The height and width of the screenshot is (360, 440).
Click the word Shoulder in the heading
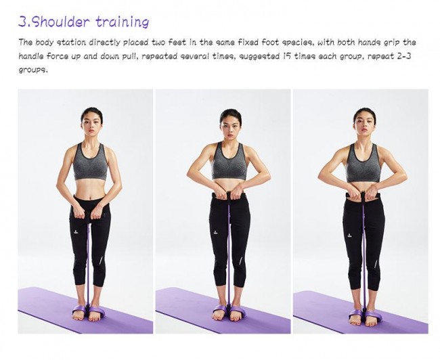(62, 22)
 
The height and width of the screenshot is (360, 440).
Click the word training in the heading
(122, 22)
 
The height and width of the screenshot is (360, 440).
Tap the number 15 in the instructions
(286, 56)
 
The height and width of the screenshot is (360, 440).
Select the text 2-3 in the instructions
(404, 56)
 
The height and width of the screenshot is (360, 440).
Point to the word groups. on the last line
(33, 70)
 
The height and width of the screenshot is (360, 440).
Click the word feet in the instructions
(177, 43)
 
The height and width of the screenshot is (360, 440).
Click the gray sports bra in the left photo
(90, 162)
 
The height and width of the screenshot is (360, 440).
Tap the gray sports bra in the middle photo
(229, 162)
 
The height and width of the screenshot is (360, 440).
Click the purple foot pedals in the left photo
(89, 310)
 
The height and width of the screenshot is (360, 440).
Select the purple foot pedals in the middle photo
(229, 311)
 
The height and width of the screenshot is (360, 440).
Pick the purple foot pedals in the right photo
(364, 313)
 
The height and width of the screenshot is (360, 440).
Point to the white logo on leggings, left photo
(76, 231)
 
